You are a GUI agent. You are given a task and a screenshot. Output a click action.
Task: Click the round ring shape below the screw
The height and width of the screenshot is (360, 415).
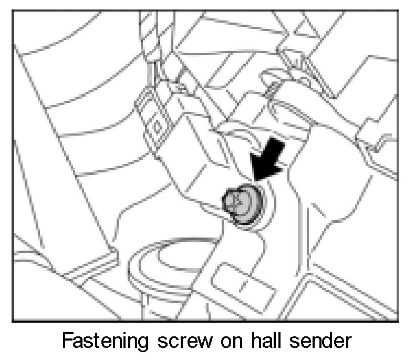[x=158, y=268]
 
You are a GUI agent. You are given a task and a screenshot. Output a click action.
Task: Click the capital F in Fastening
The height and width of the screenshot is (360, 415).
[x=67, y=342]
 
